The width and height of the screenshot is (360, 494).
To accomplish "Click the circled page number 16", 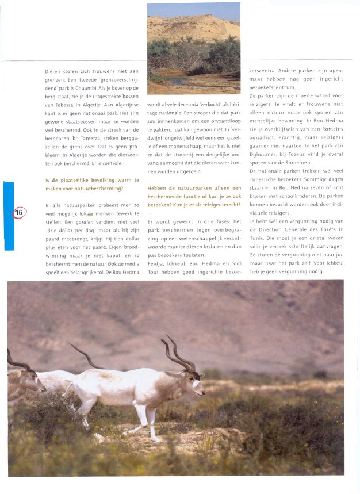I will pos(18,213).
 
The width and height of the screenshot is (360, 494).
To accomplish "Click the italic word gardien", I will pos(85,221).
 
